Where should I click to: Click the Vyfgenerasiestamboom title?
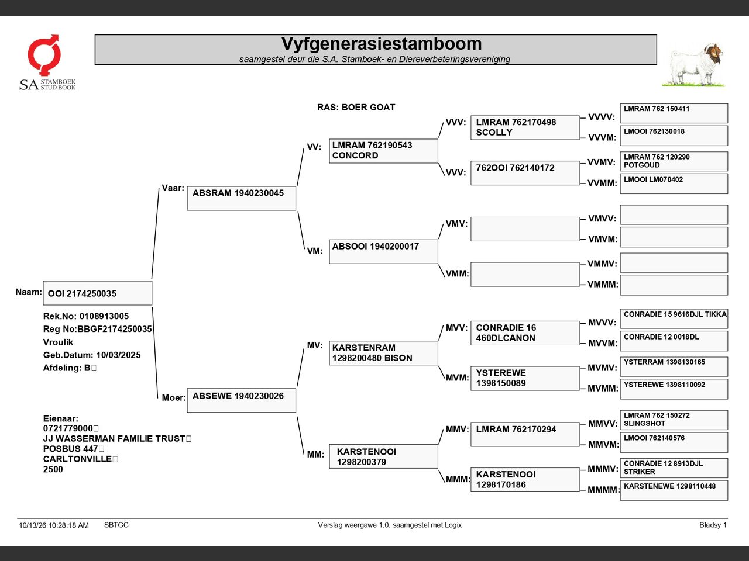click(x=381, y=44)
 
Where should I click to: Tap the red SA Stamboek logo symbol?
click(x=44, y=54)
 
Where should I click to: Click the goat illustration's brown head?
click(x=714, y=54)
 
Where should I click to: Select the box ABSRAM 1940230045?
click(x=242, y=198)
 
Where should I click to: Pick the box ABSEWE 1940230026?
click(x=242, y=400)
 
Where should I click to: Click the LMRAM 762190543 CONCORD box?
click(x=383, y=151)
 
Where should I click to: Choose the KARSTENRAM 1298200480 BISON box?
click(x=383, y=353)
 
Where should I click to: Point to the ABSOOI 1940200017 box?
click(x=383, y=252)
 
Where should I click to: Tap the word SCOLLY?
click(x=494, y=133)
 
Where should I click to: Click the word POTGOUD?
click(x=642, y=165)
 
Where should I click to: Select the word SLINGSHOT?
click(x=645, y=424)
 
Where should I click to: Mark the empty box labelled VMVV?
click(x=674, y=214)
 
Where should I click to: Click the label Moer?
click(x=174, y=398)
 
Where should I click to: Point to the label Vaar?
click(x=173, y=188)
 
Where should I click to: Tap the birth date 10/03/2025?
click(x=118, y=355)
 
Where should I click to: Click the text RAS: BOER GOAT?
click(x=356, y=108)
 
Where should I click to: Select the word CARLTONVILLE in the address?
click(x=77, y=459)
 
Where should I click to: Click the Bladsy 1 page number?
click(x=713, y=525)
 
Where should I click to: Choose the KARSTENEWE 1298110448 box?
click(x=674, y=490)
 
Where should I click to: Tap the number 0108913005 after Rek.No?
click(x=104, y=316)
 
